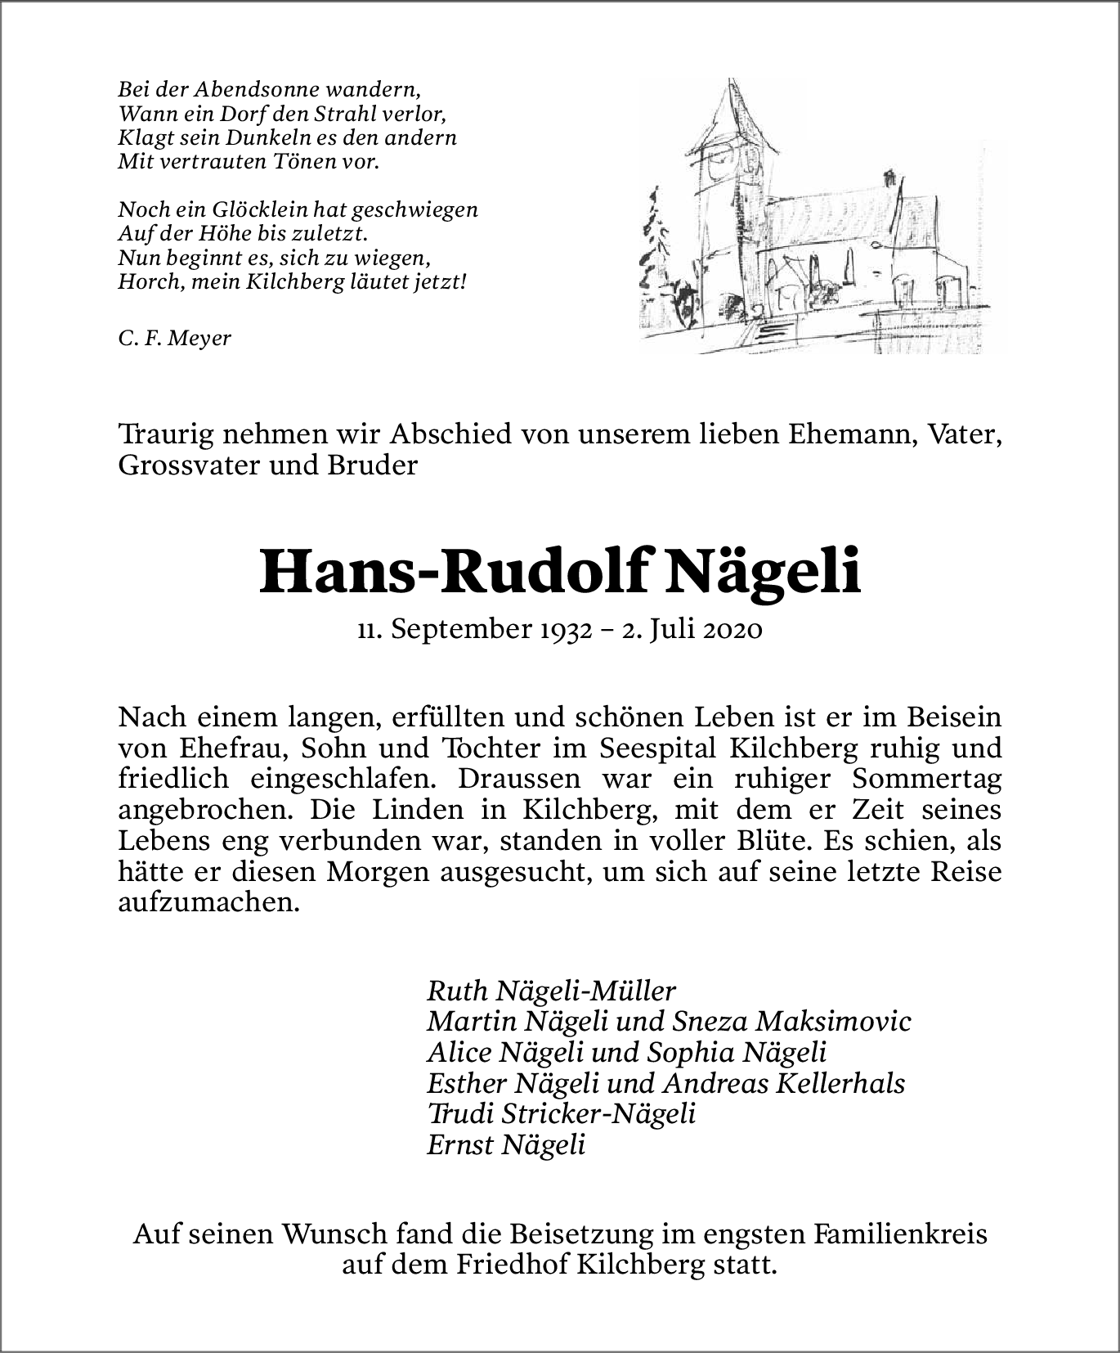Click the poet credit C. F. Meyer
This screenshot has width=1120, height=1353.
pyautogui.click(x=174, y=338)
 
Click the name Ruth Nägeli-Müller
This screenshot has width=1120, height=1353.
pyautogui.click(x=551, y=991)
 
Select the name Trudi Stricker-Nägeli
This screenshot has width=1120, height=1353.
pyautogui.click(x=561, y=1113)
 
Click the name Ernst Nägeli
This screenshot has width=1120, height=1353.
pyautogui.click(x=506, y=1144)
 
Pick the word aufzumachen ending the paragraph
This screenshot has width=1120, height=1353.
pyautogui.click(x=204, y=902)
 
